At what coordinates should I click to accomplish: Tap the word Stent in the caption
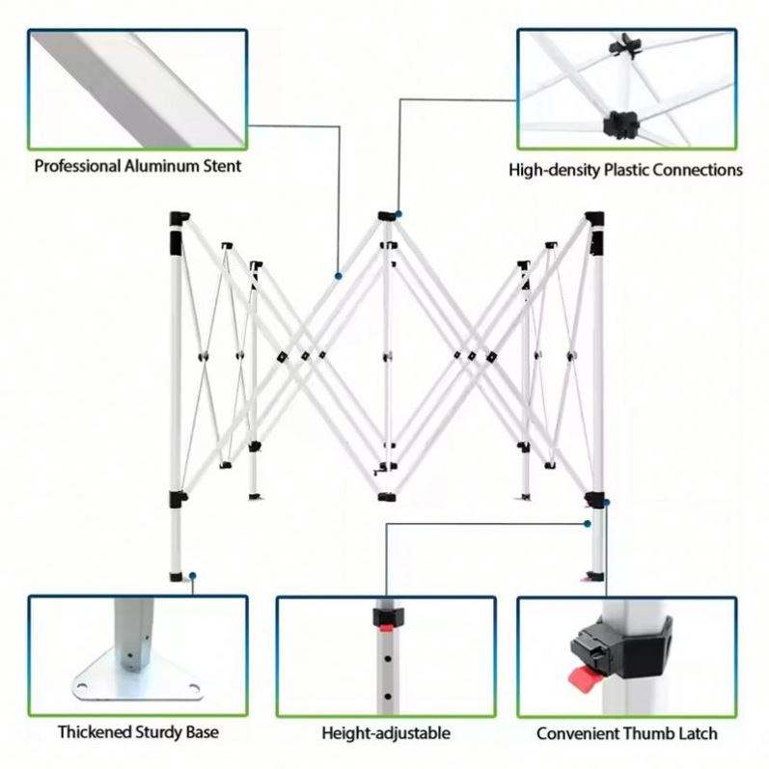click(x=221, y=166)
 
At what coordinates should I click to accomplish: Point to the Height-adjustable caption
click(x=385, y=733)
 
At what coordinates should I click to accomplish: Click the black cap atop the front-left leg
click(x=177, y=217)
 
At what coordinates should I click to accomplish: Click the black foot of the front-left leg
click(x=178, y=577)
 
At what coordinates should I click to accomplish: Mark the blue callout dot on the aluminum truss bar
click(x=338, y=276)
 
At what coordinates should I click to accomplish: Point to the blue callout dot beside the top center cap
click(x=398, y=214)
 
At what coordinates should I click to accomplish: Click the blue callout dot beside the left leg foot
click(x=193, y=576)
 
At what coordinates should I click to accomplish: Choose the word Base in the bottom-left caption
click(x=202, y=732)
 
